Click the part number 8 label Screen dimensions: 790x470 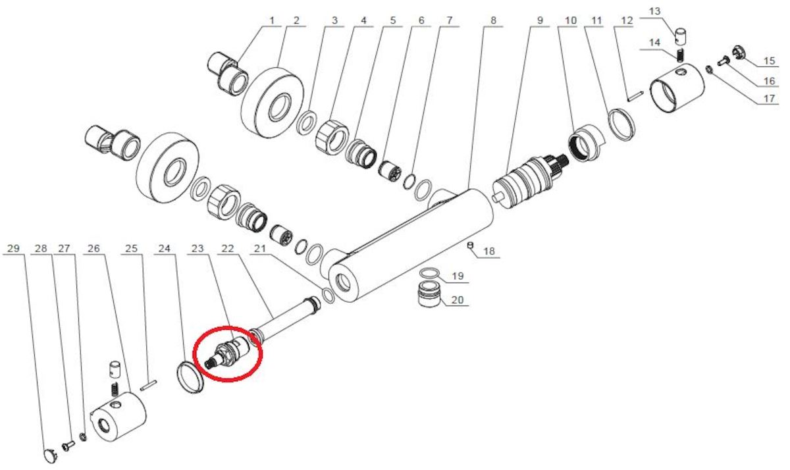(x=493, y=20)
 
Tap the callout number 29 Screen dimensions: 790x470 (x=13, y=249)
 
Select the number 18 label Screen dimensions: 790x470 (x=488, y=251)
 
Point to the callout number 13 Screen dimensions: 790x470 (x=654, y=11)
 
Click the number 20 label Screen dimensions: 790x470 (x=457, y=300)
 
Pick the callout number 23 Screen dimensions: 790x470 (x=197, y=249)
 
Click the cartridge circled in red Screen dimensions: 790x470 (x=228, y=354)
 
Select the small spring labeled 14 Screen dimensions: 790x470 (x=680, y=55)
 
